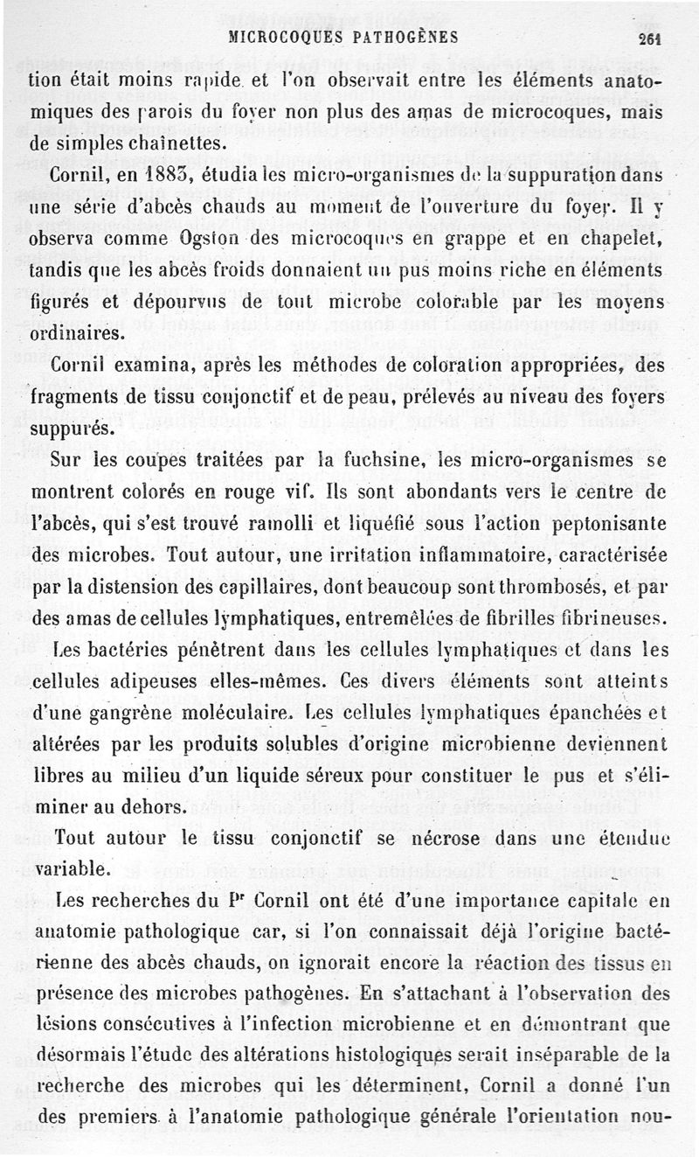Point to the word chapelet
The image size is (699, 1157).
(x=612, y=240)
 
